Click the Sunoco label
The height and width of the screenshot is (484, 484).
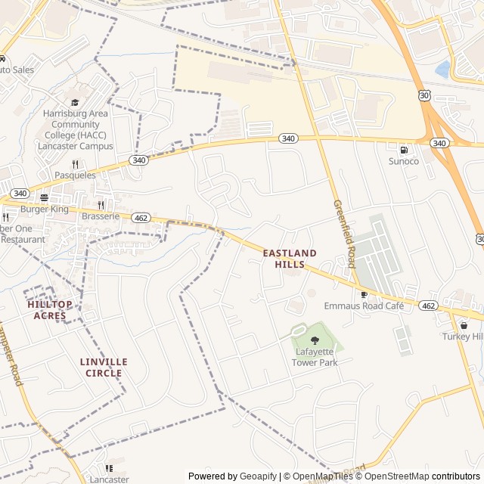[403, 161]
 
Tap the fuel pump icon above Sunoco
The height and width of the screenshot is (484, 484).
[403, 149]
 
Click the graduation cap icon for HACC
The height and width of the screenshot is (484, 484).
[75, 102]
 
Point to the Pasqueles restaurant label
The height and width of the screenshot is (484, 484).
[75, 175]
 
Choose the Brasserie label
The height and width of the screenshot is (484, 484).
[101, 216]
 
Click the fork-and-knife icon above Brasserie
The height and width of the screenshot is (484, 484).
[101, 204]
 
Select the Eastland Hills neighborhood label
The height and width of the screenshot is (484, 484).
[290, 259]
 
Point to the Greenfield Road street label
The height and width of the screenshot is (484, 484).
[344, 234]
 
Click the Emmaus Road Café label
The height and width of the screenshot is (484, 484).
[364, 306]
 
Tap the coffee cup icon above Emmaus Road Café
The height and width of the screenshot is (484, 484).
[364, 294]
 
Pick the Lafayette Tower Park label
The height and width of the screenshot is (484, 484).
[315, 357]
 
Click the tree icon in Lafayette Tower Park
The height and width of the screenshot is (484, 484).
[315, 340]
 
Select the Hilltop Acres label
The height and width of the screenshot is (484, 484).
[50, 309]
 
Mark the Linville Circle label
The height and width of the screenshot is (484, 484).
[104, 368]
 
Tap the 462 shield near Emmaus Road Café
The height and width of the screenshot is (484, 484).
[428, 306]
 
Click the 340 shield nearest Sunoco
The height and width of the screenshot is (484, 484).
[439, 143]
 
